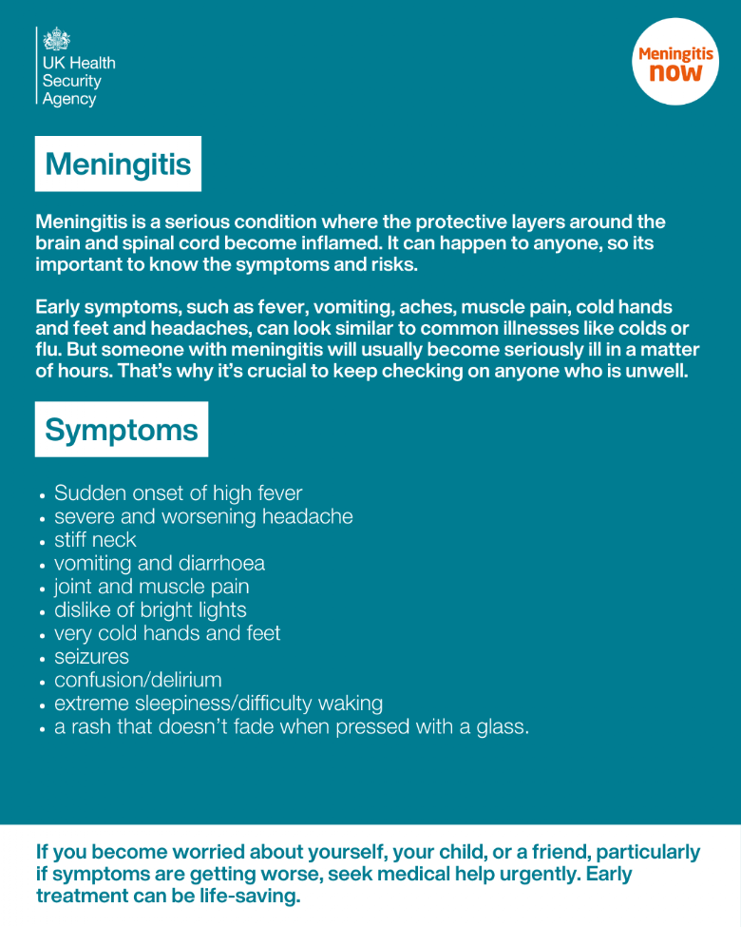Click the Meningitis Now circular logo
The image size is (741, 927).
(x=675, y=63)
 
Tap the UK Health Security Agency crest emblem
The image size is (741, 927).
(x=57, y=39)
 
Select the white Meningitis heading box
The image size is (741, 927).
(x=118, y=164)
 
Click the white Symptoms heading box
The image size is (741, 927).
(x=122, y=430)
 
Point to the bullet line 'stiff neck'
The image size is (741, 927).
(x=95, y=540)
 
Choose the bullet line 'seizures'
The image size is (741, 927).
(x=91, y=657)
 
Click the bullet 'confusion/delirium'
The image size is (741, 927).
(x=138, y=680)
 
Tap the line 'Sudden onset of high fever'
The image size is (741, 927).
(x=178, y=493)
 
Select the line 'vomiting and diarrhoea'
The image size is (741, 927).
(x=160, y=564)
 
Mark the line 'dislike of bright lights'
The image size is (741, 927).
(x=150, y=610)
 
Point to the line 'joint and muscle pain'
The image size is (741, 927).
(x=151, y=587)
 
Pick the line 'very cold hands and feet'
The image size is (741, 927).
(x=167, y=633)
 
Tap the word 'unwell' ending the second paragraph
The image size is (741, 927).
(x=655, y=371)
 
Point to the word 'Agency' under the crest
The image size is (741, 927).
(x=69, y=99)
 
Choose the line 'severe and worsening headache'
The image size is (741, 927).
(x=203, y=517)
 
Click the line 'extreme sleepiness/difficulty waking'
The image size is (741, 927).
(x=218, y=704)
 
